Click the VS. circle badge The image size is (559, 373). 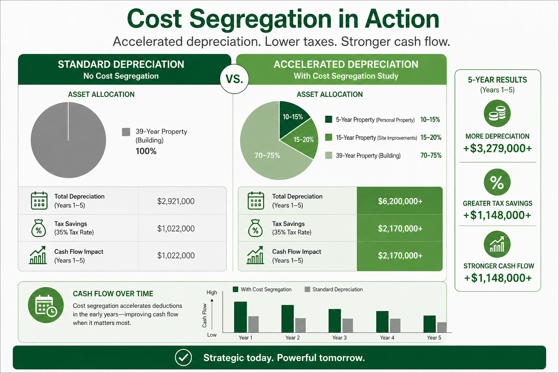[x=234, y=79]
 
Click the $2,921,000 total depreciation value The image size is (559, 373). [x=176, y=201]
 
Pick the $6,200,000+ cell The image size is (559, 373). [x=400, y=201]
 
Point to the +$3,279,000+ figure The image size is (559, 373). [x=497, y=148]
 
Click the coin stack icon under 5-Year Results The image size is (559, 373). [x=497, y=113]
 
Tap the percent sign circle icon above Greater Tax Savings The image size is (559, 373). [x=497, y=182]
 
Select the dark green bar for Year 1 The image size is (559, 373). [x=240, y=317]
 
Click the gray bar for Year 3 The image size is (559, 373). [x=348, y=326]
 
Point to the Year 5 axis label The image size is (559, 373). [x=434, y=338]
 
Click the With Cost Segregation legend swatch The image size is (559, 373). [x=235, y=289]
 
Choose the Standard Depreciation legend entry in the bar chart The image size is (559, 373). [x=334, y=289]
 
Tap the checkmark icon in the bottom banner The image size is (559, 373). [x=183, y=357]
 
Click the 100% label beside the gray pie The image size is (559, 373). [x=146, y=151]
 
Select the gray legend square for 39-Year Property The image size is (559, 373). [x=126, y=132]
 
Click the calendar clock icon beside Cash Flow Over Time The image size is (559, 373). [x=46, y=305]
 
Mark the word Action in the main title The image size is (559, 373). [x=402, y=19]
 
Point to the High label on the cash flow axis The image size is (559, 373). [x=211, y=292]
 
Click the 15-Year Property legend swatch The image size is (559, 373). [x=329, y=137]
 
